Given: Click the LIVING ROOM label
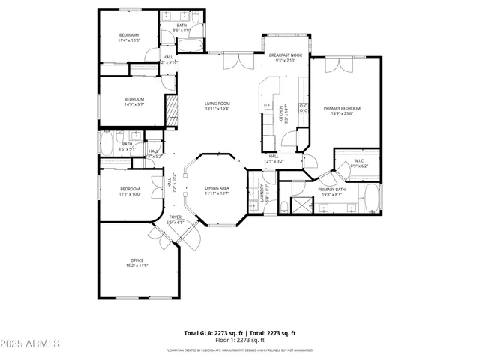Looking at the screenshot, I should pyautogui.click(x=217, y=103).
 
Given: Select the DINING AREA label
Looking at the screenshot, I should pyautogui.click(x=217, y=188).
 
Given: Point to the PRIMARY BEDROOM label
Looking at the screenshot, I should pyautogui.click(x=338, y=109).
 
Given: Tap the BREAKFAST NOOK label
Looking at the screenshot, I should pyautogui.click(x=286, y=55).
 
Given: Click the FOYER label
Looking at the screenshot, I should pyautogui.click(x=175, y=217).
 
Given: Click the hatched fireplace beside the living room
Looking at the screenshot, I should pyautogui.click(x=172, y=112).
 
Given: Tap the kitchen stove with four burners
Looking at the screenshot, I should pyautogui.click(x=303, y=107).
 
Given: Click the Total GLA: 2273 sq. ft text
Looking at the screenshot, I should pyautogui.click(x=211, y=332).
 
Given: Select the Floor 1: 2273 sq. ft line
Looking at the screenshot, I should pyautogui.click(x=240, y=340).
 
